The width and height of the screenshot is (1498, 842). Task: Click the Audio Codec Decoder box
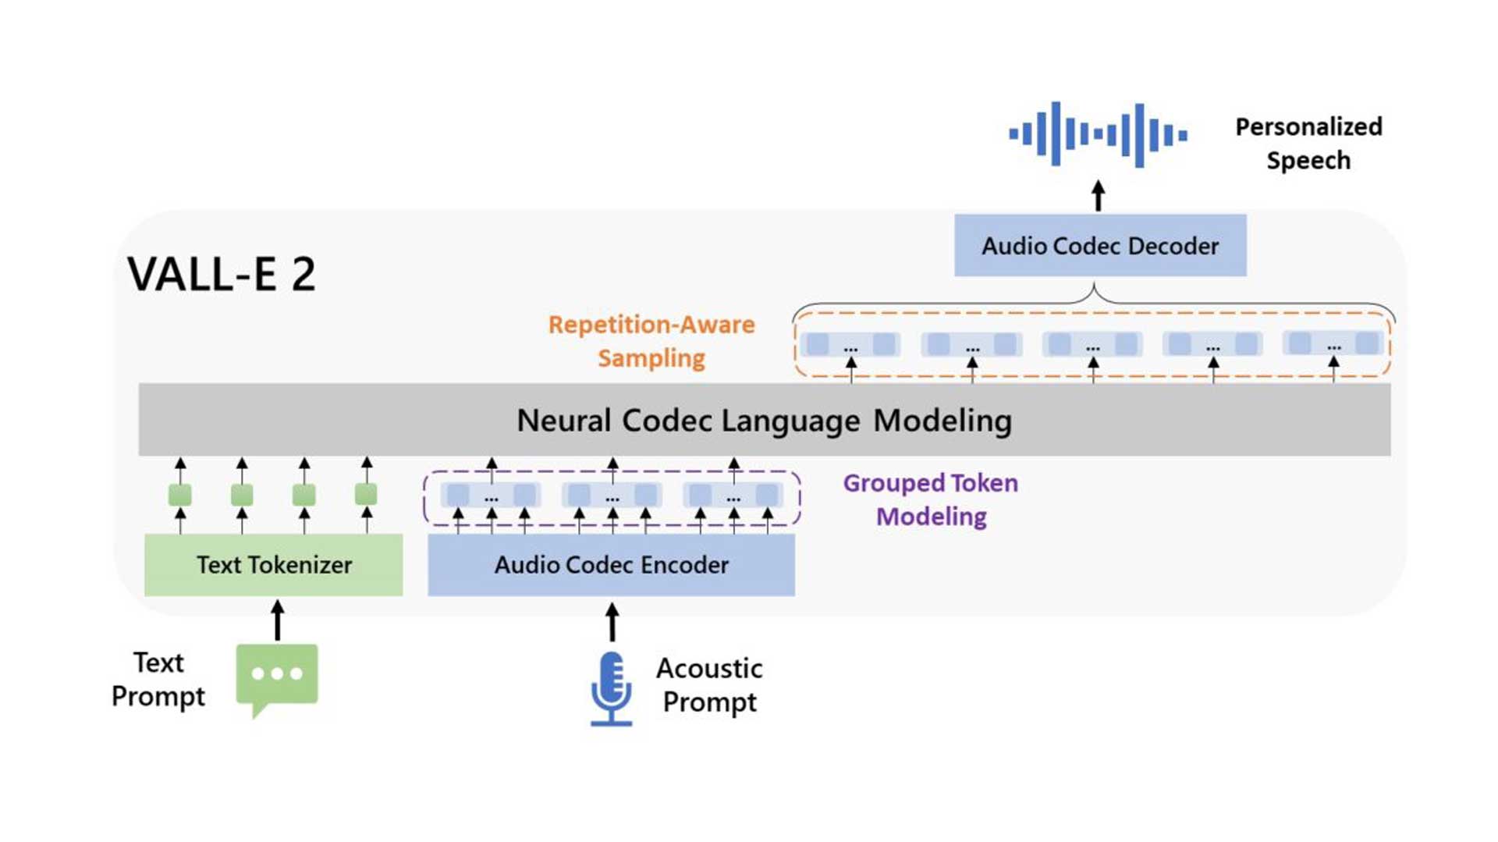pyautogui.click(x=1099, y=246)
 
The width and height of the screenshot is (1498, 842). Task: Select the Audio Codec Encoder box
pyautogui.click(x=611, y=564)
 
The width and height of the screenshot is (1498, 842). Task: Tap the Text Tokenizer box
pyautogui.click(x=274, y=564)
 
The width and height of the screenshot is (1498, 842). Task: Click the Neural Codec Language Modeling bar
pyautogui.click(x=764, y=420)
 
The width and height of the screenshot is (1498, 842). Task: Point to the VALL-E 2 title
pyautogui.click(x=222, y=274)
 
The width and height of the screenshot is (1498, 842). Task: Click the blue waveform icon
pyautogui.click(x=1098, y=134)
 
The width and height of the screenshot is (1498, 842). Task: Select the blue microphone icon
pyautogui.click(x=612, y=688)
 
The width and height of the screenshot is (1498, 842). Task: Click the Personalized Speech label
pyautogui.click(x=1308, y=143)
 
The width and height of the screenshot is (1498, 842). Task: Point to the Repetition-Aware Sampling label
pyautogui.click(x=651, y=341)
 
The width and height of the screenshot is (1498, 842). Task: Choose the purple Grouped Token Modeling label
pyautogui.click(x=931, y=499)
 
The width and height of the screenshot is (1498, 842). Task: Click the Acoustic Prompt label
pyautogui.click(x=709, y=684)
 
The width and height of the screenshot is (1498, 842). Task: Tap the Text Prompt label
pyautogui.click(x=158, y=679)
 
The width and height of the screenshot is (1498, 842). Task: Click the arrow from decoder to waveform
pyautogui.click(x=1099, y=196)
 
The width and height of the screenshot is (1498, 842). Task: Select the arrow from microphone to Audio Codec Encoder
pyautogui.click(x=612, y=622)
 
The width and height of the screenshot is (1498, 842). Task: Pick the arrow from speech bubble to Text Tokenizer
pyautogui.click(x=277, y=620)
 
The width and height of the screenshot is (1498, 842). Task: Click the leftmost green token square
pyautogui.click(x=180, y=495)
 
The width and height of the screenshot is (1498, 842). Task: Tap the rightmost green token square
pyautogui.click(x=366, y=494)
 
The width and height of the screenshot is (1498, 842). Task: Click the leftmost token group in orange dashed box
pyautogui.click(x=850, y=344)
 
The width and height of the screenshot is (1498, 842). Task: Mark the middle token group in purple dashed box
pyautogui.click(x=612, y=495)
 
